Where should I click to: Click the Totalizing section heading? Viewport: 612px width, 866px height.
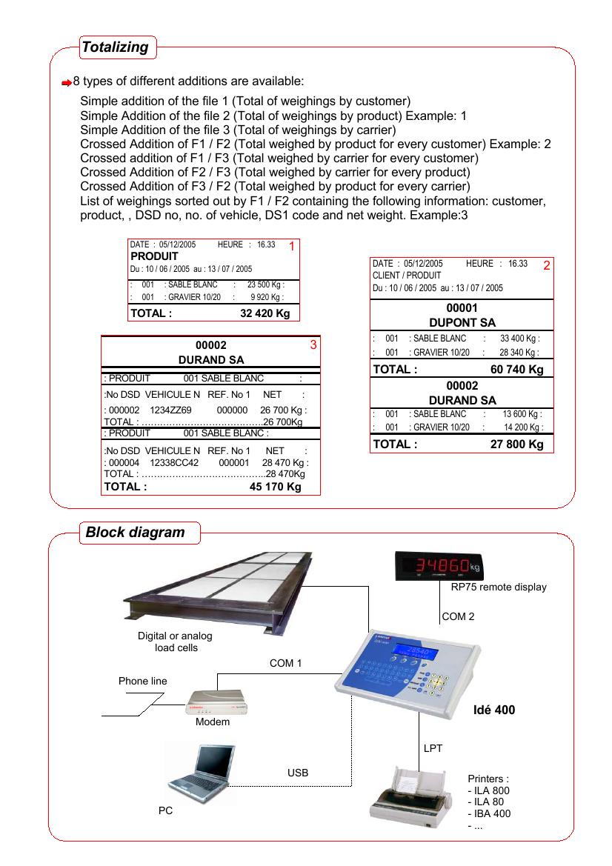(x=116, y=48)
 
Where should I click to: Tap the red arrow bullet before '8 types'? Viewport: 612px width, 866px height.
(x=67, y=81)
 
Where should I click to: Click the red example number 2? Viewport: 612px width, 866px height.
(x=546, y=265)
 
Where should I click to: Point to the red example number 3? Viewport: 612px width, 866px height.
(x=313, y=344)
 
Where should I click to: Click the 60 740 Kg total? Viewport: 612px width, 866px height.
(x=517, y=369)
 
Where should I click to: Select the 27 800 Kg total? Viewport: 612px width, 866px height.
(x=517, y=444)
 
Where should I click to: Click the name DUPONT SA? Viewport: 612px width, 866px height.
(x=462, y=322)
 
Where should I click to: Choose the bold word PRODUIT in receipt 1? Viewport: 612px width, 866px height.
(x=154, y=256)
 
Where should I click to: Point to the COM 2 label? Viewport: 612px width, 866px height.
(x=458, y=616)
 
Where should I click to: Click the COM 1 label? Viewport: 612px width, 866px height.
(x=285, y=664)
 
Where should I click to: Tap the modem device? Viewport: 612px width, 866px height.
(x=215, y=702)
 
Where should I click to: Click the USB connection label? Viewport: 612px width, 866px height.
(x=298, y=773)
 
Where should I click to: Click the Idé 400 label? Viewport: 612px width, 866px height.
(x=493, y=710)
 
